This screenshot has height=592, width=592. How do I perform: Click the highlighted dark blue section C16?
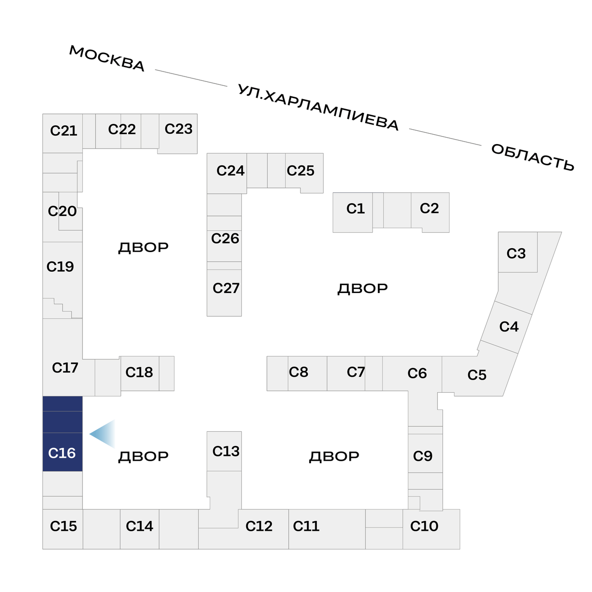pos(62,434)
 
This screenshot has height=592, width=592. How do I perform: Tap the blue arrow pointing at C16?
pos(103,434)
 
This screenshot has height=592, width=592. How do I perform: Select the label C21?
pos(64,131)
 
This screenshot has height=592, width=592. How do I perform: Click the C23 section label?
pos(178,129)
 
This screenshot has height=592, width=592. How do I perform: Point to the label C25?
pos(300,171)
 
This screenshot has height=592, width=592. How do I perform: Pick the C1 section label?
pos(355,209)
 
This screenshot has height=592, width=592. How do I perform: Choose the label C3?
pos(516,254)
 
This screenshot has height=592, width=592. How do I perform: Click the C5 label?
pos(477,375)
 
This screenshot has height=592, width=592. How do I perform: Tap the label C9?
pos(423,456)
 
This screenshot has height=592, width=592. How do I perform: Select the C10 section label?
pos(424,526)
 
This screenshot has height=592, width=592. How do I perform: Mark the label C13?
pos(226,451)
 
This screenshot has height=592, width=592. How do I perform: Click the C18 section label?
pos(139,372)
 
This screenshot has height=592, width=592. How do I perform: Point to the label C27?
pos(226,288)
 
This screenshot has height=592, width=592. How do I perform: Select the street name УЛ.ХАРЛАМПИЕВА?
pos(318,108)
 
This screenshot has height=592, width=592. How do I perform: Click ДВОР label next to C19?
pos(143,247)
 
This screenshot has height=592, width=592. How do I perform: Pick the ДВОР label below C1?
pos(363,288)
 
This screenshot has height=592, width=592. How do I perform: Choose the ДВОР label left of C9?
pos(334,456)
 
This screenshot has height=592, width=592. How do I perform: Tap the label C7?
pos(356,372)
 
